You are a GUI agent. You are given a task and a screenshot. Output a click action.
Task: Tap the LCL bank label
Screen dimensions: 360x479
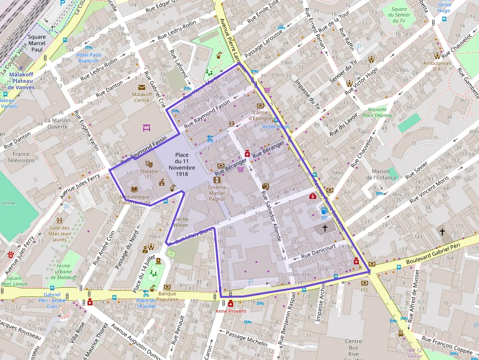(x=365, y=290)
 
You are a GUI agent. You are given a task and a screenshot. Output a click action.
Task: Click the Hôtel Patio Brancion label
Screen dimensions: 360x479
(x=89, y=58)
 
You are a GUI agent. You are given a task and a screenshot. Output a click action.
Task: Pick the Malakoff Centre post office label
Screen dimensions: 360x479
(x=141, y=97)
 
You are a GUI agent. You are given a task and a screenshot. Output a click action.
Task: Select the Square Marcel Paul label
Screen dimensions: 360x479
(x=37, y=43)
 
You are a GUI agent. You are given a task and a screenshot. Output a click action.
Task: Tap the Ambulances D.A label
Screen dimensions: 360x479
(x=437, y=65)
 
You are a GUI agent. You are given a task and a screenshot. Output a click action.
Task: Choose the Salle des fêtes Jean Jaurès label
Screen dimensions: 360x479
(x=60, y=233)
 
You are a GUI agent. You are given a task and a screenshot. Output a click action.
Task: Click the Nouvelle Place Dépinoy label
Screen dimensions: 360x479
(x=377, y=112)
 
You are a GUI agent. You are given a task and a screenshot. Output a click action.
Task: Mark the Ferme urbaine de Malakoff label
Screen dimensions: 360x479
(x=64, y=271)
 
